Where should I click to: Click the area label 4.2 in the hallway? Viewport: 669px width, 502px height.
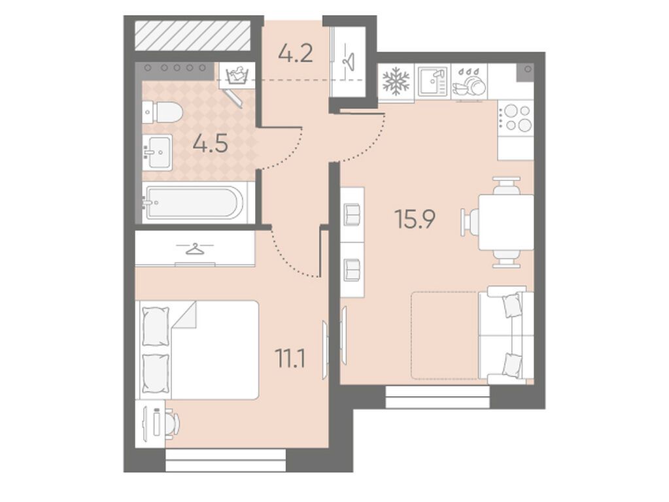[x=295, y=54]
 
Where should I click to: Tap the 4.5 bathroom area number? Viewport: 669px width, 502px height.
[x=211, y=144]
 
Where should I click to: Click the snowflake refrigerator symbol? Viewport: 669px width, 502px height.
[x=396, y=81]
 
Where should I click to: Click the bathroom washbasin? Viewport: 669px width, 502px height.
[x=158, y=152]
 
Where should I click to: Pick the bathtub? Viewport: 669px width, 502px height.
[x=195, y=202]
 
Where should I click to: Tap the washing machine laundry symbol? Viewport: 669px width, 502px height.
[x=237, y=76]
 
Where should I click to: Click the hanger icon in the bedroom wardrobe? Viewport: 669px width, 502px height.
[x=195, y=248]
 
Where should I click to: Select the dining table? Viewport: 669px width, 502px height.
[x=506, y=222]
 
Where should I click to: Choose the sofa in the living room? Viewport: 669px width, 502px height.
[x=506, y=335]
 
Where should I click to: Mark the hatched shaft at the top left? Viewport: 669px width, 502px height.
[x=192, y=35]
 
